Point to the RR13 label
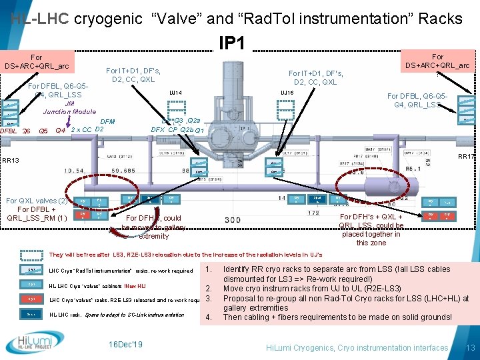(x=11, y=161)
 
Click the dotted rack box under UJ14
(x=176, y=109)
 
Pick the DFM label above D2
(x=108, y=121)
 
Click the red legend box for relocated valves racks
(x=31, y=299)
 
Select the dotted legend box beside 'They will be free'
(x=31, y=255)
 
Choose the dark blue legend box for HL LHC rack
(x=31, y=314)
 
